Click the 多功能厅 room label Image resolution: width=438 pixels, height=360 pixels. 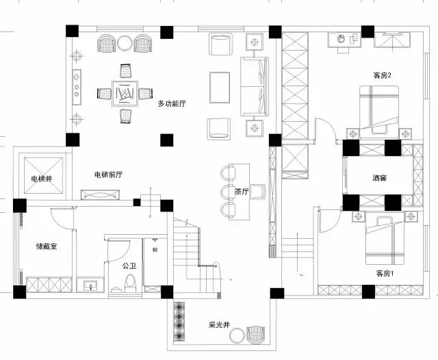(x=172, y=103)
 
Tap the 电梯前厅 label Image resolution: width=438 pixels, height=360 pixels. (x=108, y=175)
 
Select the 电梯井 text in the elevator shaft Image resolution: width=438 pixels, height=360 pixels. (x=42, y=179)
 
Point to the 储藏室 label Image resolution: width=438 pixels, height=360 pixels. (x=47, y=246)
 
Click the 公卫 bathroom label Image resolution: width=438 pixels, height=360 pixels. (x=129, y=266)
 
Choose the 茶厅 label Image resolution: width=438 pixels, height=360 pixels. (x=242, y=192)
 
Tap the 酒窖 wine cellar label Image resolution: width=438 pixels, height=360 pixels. (x=379, y=178)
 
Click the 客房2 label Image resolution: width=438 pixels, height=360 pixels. (x=382, y=75)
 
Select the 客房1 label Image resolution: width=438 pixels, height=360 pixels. (x=385, y=273)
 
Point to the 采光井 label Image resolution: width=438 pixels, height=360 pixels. (x=219, y=325)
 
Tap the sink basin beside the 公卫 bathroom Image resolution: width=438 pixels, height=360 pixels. (x=90, y=285)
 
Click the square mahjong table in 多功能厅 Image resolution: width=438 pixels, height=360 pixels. (x=125, y=94)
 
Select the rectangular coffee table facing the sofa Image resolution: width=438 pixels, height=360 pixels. (x=220, y=88)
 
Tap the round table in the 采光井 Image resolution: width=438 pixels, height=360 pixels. (x=237, y=335)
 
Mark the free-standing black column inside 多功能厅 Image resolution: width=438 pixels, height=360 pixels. (x=167, y=140)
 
